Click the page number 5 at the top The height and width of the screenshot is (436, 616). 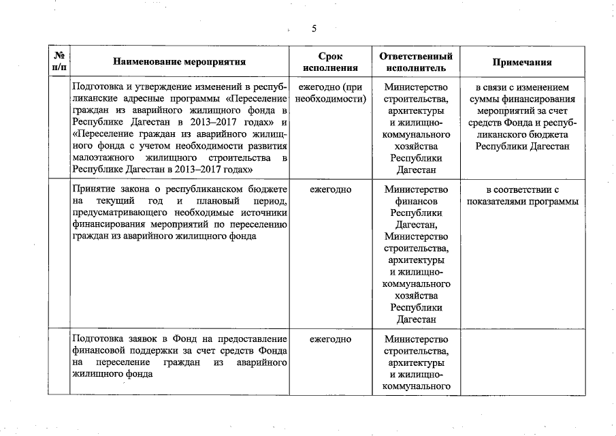314,29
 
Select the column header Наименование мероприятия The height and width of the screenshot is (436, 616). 180,62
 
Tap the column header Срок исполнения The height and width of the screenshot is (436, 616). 330,62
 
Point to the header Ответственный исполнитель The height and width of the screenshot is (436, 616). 416,62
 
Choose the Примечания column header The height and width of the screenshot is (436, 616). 521,62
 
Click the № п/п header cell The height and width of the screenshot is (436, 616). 59,62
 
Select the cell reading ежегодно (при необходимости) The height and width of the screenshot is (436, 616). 330,93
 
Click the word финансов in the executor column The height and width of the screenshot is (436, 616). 416,201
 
